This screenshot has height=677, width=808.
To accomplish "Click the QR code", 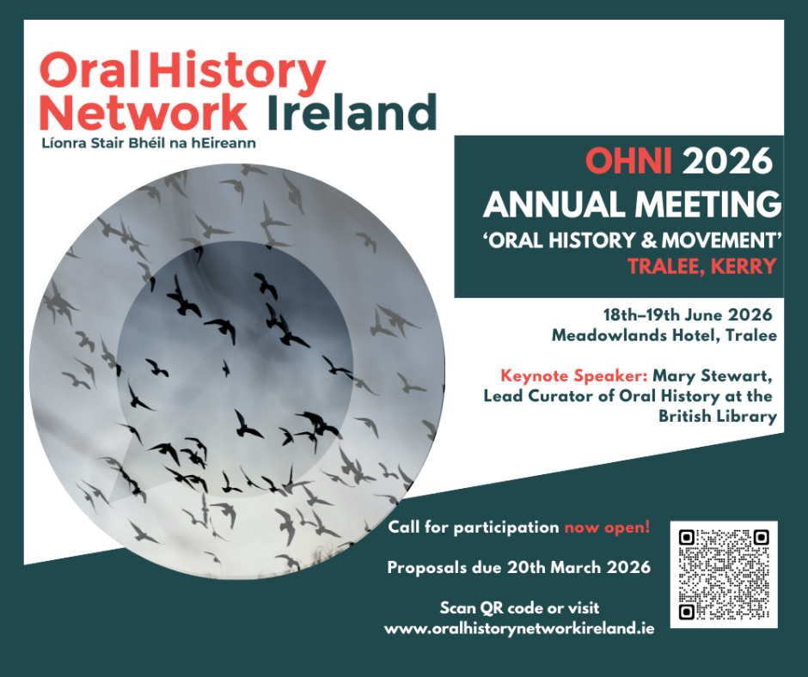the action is (x=724, y=575).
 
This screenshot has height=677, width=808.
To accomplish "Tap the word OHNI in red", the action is (x=628, y=162).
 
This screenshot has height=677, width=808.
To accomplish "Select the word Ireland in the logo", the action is (x=352, y=112).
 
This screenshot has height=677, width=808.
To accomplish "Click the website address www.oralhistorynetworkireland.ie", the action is (x=519, y=629).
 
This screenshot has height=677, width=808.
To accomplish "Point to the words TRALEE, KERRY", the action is (x=702, y=266).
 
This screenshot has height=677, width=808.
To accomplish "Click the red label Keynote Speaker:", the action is (x=574, y=376).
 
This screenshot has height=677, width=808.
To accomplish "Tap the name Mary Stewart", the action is (x=712, y=376).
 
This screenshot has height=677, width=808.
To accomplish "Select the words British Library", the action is (x=717, y=417).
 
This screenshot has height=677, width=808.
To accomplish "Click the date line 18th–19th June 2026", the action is (x=688, y=314).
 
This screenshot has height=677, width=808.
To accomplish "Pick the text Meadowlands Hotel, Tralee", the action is (x=664, y=335).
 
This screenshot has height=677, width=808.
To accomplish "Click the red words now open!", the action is (x=607, y=528).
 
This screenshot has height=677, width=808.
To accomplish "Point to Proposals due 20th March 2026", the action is (x=519, y=568).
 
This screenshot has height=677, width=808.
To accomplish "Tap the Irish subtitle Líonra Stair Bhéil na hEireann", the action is (x=149, y=143).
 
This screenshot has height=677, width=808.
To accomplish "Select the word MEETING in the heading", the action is (x=708, y=204).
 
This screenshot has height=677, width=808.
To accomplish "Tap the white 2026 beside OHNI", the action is (x=727, y=162).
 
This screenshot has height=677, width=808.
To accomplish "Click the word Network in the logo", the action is (x=144, y=113).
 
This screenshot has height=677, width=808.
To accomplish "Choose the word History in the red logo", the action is (x=237, y=72).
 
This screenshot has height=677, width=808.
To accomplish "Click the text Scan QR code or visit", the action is (x=519, y=608).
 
